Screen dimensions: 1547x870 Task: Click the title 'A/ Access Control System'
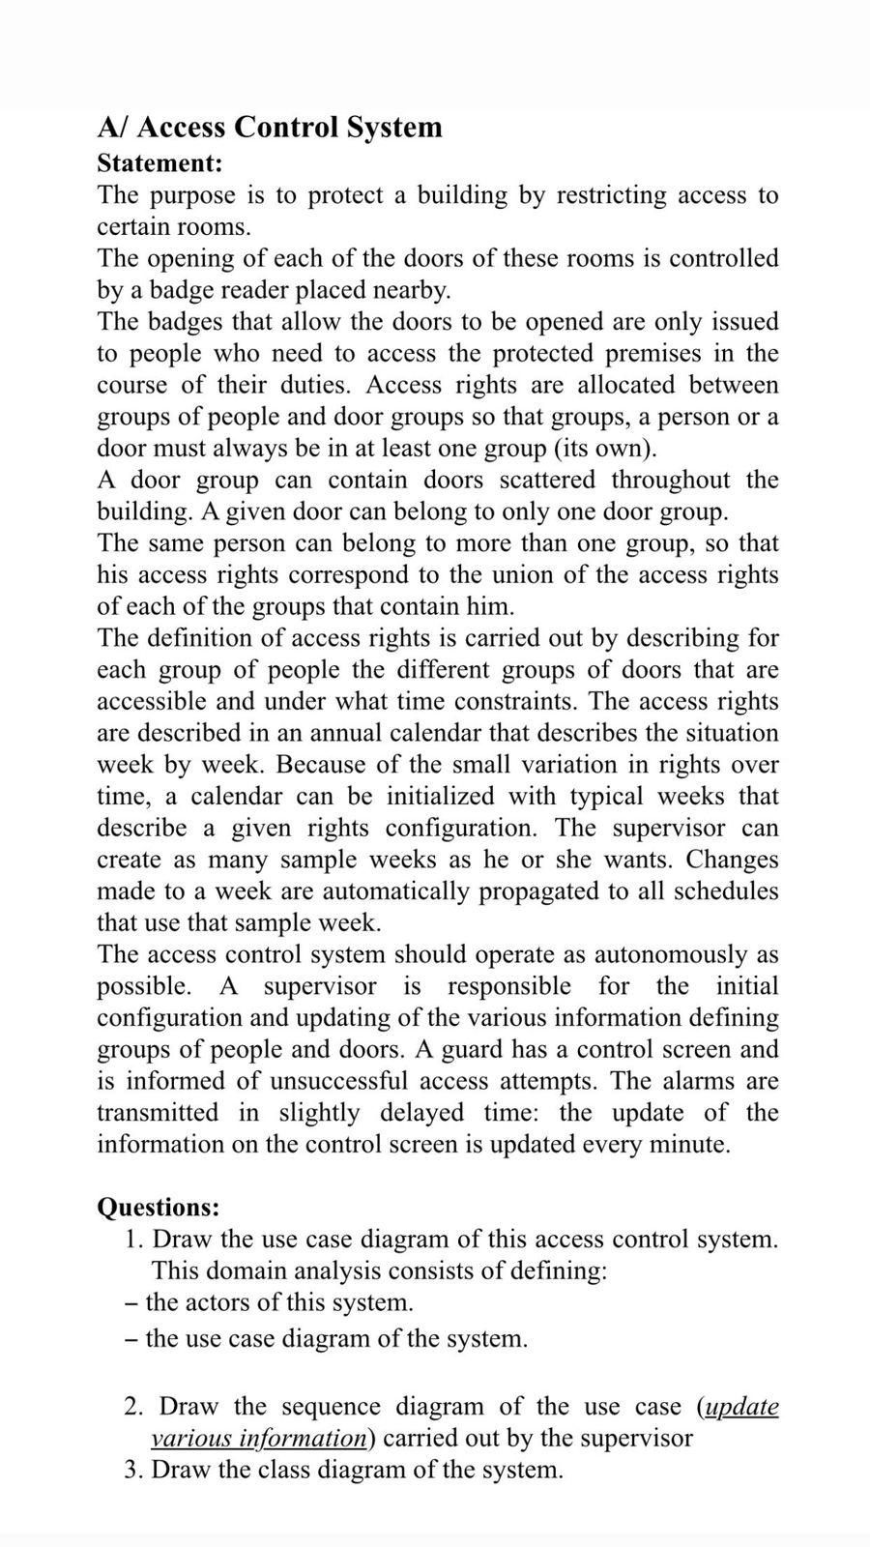click(270, 128)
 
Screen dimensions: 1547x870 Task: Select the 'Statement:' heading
click(159, 162)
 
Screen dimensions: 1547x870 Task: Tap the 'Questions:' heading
click(159, 1207)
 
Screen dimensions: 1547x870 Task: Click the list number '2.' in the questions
click(135, 1407)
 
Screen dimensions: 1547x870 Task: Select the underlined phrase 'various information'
click(259, 1439)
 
